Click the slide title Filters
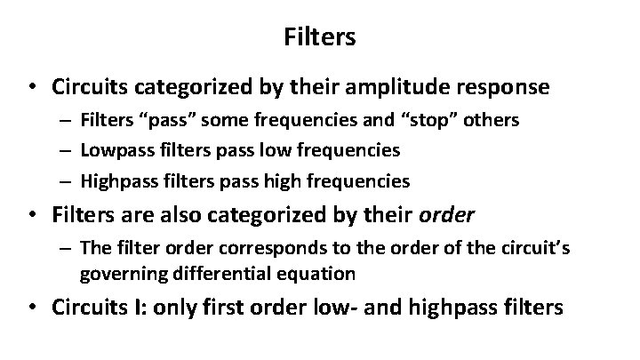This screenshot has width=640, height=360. (x=320, y=36)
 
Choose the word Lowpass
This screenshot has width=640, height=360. (x=113, y=150)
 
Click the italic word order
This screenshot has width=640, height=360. (x=451, y=214)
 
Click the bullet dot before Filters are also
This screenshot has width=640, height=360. (x=33, y=214)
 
